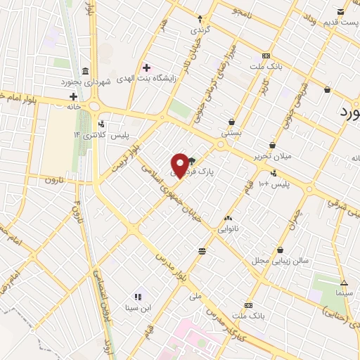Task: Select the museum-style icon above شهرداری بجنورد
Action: pyautogui.click(x=85, y=72)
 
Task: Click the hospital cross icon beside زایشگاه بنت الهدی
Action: pyautogui.click(x=146, y=68)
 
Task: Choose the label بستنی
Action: pyautogui.click(x=231, y=131)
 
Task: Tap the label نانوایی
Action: pyautogui.click(x=229, y=229)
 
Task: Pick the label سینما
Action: pyautogui.click(x=344, y=291)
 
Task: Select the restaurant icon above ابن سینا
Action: pyautogui.click(x=138, y=297)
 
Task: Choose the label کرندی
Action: pyautogui.click(x=200, y=31)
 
